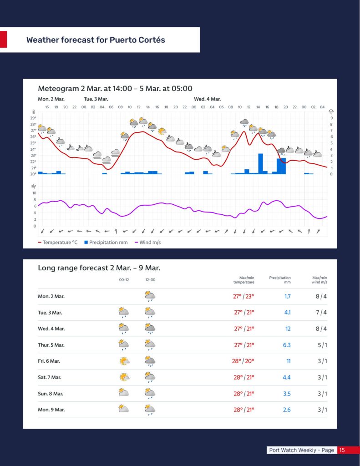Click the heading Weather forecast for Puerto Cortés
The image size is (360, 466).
coord(96,40)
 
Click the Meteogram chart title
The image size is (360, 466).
coord(115,88)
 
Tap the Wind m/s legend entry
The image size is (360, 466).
coord(147,243)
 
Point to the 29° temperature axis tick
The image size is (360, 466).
coord(33,118)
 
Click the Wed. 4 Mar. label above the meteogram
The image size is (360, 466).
coord(207,99)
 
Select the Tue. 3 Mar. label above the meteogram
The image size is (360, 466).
coord(96,99)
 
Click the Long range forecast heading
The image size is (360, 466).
coord(99,268)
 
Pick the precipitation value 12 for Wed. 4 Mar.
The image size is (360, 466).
coord(288,329)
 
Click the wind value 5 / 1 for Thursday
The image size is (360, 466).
coord(321,345)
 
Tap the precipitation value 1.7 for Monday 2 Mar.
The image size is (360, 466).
coord(287,296)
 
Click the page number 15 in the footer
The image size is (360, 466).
coord(342,450)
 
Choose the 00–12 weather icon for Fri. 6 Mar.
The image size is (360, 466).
coord(123,361)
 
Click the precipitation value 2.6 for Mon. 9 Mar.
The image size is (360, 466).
coord(287,410)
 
